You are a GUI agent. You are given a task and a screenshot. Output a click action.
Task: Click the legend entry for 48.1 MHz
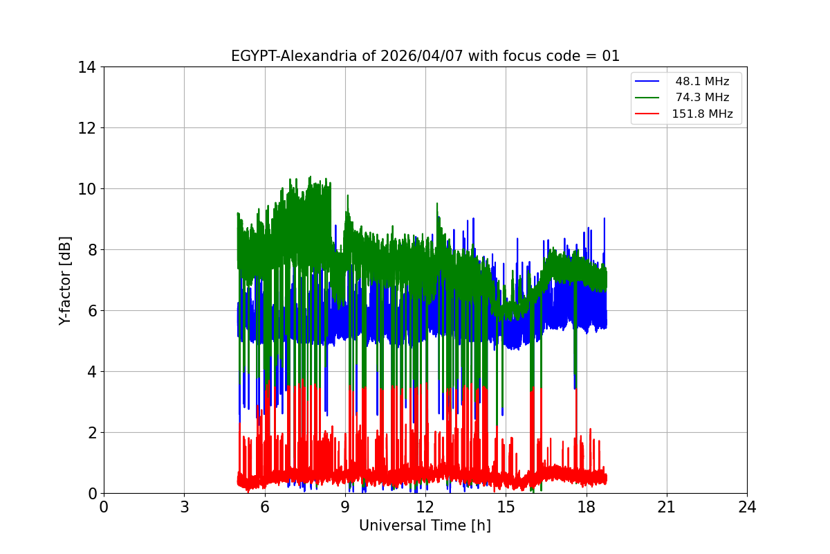(702, 82)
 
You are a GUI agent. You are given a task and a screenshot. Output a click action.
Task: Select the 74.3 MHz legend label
(702, 98)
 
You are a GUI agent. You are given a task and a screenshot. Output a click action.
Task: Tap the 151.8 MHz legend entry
(702, 114)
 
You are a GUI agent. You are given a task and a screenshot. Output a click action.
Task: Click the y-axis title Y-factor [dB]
(65, 280)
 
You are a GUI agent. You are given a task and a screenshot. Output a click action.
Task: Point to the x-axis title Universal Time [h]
(425, 526)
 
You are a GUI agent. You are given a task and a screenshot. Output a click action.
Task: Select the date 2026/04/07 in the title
(422, 56)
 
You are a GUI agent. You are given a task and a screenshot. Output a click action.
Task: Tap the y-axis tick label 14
(86, 67)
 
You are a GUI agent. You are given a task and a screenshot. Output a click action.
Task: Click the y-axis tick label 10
(86, 189)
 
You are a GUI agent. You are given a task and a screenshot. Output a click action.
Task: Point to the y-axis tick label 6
(91, 311)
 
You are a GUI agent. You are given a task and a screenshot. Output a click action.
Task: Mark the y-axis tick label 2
(91, 433)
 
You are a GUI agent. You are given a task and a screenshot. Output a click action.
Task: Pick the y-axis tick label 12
(86, 128)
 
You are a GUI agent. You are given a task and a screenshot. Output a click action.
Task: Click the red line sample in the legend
(648, 114)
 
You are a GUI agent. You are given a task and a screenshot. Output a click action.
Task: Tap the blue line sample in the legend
(648, 82)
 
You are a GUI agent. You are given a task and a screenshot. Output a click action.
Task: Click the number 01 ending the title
(611, 56)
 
